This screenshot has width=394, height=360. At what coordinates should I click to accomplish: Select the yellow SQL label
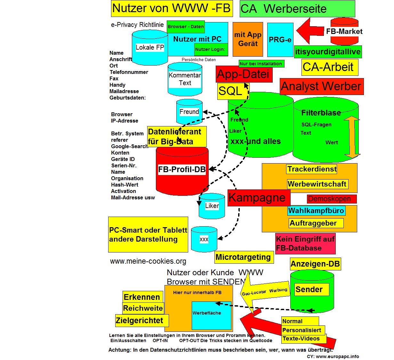(x=233, y=92)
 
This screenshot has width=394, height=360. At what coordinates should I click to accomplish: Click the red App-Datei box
(x=244, y=74)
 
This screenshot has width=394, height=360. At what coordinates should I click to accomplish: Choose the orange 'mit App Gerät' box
(x=248, y=39)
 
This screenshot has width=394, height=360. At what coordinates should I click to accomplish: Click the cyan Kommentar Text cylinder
(x=185, y=79)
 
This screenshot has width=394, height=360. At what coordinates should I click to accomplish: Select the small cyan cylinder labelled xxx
(x=204, y=239)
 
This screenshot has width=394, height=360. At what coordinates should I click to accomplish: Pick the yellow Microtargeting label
(x=244, y=257)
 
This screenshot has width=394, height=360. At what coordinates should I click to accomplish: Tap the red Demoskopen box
(x=332, y=199)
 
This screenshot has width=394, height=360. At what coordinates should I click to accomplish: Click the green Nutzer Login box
(x=211, y=49)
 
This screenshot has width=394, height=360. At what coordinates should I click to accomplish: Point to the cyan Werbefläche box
(x=211, y=316)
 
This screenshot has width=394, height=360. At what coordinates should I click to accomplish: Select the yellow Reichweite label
(x=143, y=308)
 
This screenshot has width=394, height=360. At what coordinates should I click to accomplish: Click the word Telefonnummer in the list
(x=129, y=72)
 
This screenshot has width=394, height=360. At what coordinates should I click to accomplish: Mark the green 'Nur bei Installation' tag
(x=261, y=63)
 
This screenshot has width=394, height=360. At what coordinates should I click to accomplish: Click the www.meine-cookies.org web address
(x=148, y=261)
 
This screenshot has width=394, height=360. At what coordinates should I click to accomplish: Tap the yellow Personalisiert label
(x=302, y=330)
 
